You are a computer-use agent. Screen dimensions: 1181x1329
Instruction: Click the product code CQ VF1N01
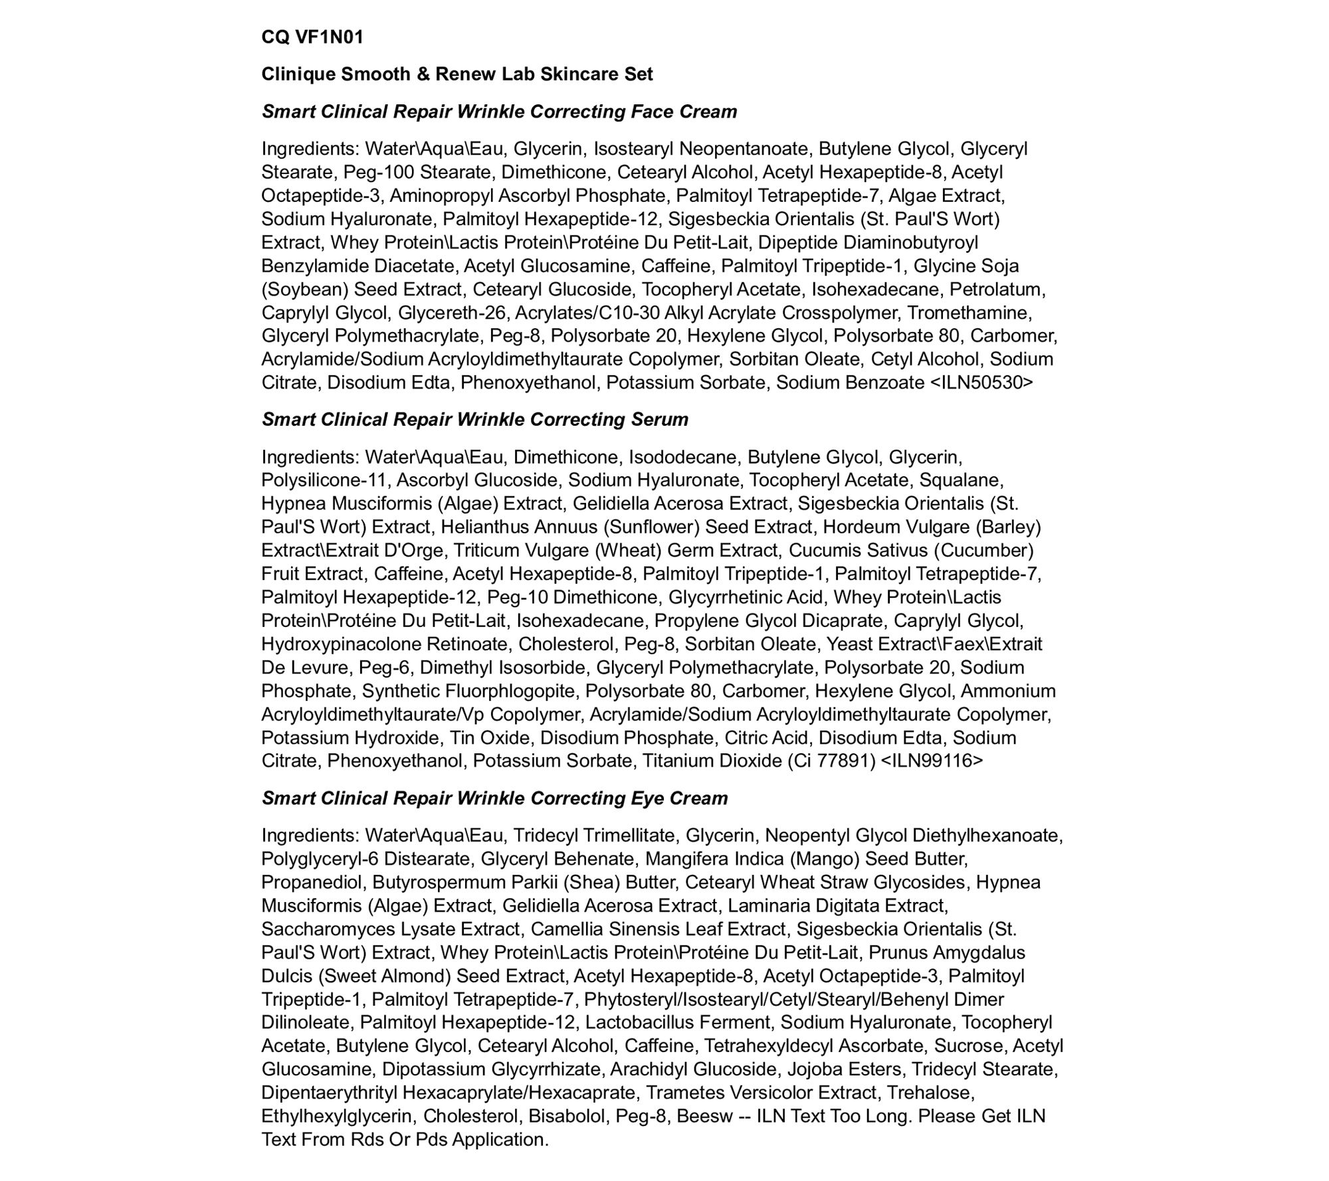pyautogui.click(x=312, y=37)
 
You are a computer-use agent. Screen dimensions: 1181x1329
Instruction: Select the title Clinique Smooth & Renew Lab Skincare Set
pyautogui.click(x=457, y=74)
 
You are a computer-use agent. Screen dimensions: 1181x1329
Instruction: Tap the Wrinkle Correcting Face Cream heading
pyautogui.click(x=499, y=111)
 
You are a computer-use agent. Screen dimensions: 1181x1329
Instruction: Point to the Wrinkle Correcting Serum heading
pyautogui.click(x=474, y=419)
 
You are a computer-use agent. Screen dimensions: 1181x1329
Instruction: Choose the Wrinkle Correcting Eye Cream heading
pyautogui.click(x=494, y=798)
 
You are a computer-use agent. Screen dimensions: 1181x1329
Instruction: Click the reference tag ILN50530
pyautogui.click(x=982, y=383)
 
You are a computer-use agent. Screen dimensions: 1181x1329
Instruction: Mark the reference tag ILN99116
pyautogui.click(x=932, y=761)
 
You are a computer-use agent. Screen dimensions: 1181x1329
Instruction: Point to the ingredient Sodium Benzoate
pyautogui.click(x=850, y=383)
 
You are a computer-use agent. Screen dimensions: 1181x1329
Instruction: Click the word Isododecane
pyautogui.click(x=682, y=457)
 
